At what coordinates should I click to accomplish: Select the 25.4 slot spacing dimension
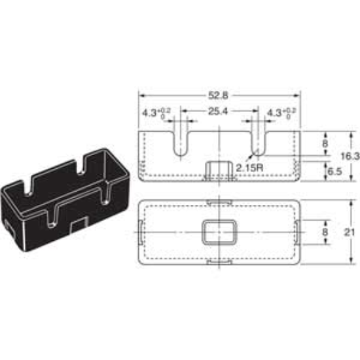coord(219,112)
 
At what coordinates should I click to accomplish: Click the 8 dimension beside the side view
coord(325,142)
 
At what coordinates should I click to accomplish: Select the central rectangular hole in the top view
coord(219,232)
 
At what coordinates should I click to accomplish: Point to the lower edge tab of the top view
coord(219,262)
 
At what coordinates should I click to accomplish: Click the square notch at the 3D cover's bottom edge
coord(77,225)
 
